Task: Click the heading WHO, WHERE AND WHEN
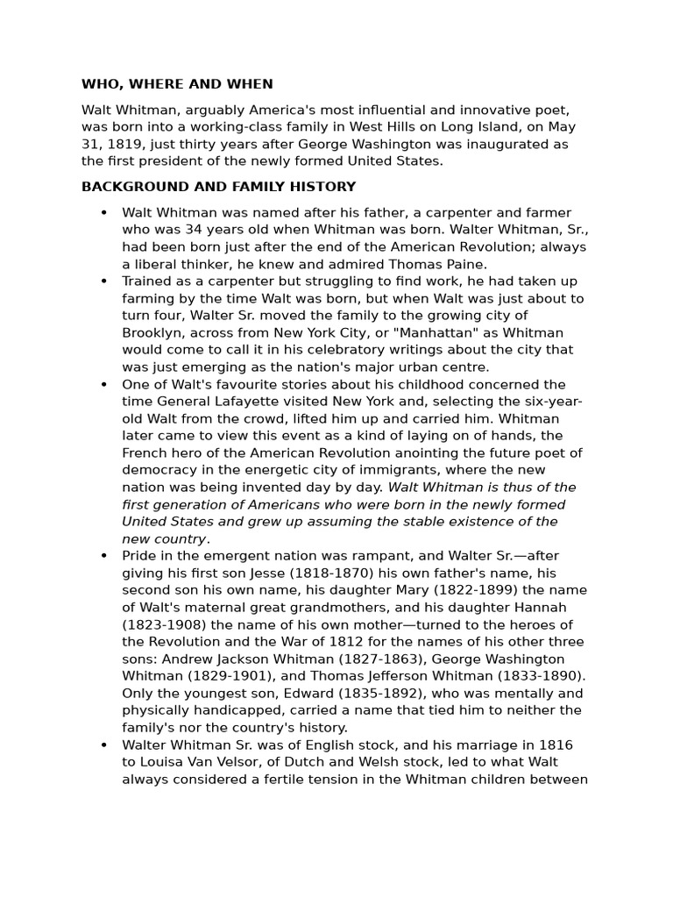tap(177, 84)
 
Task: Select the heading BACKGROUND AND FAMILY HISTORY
tap(218, 187)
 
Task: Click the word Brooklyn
tap(152, 333)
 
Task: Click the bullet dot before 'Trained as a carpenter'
tap(103, 282)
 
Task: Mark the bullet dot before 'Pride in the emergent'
tap(103, 556)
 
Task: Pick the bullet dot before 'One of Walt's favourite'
tap(103, 385)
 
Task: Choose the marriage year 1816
tap(556, 745)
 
